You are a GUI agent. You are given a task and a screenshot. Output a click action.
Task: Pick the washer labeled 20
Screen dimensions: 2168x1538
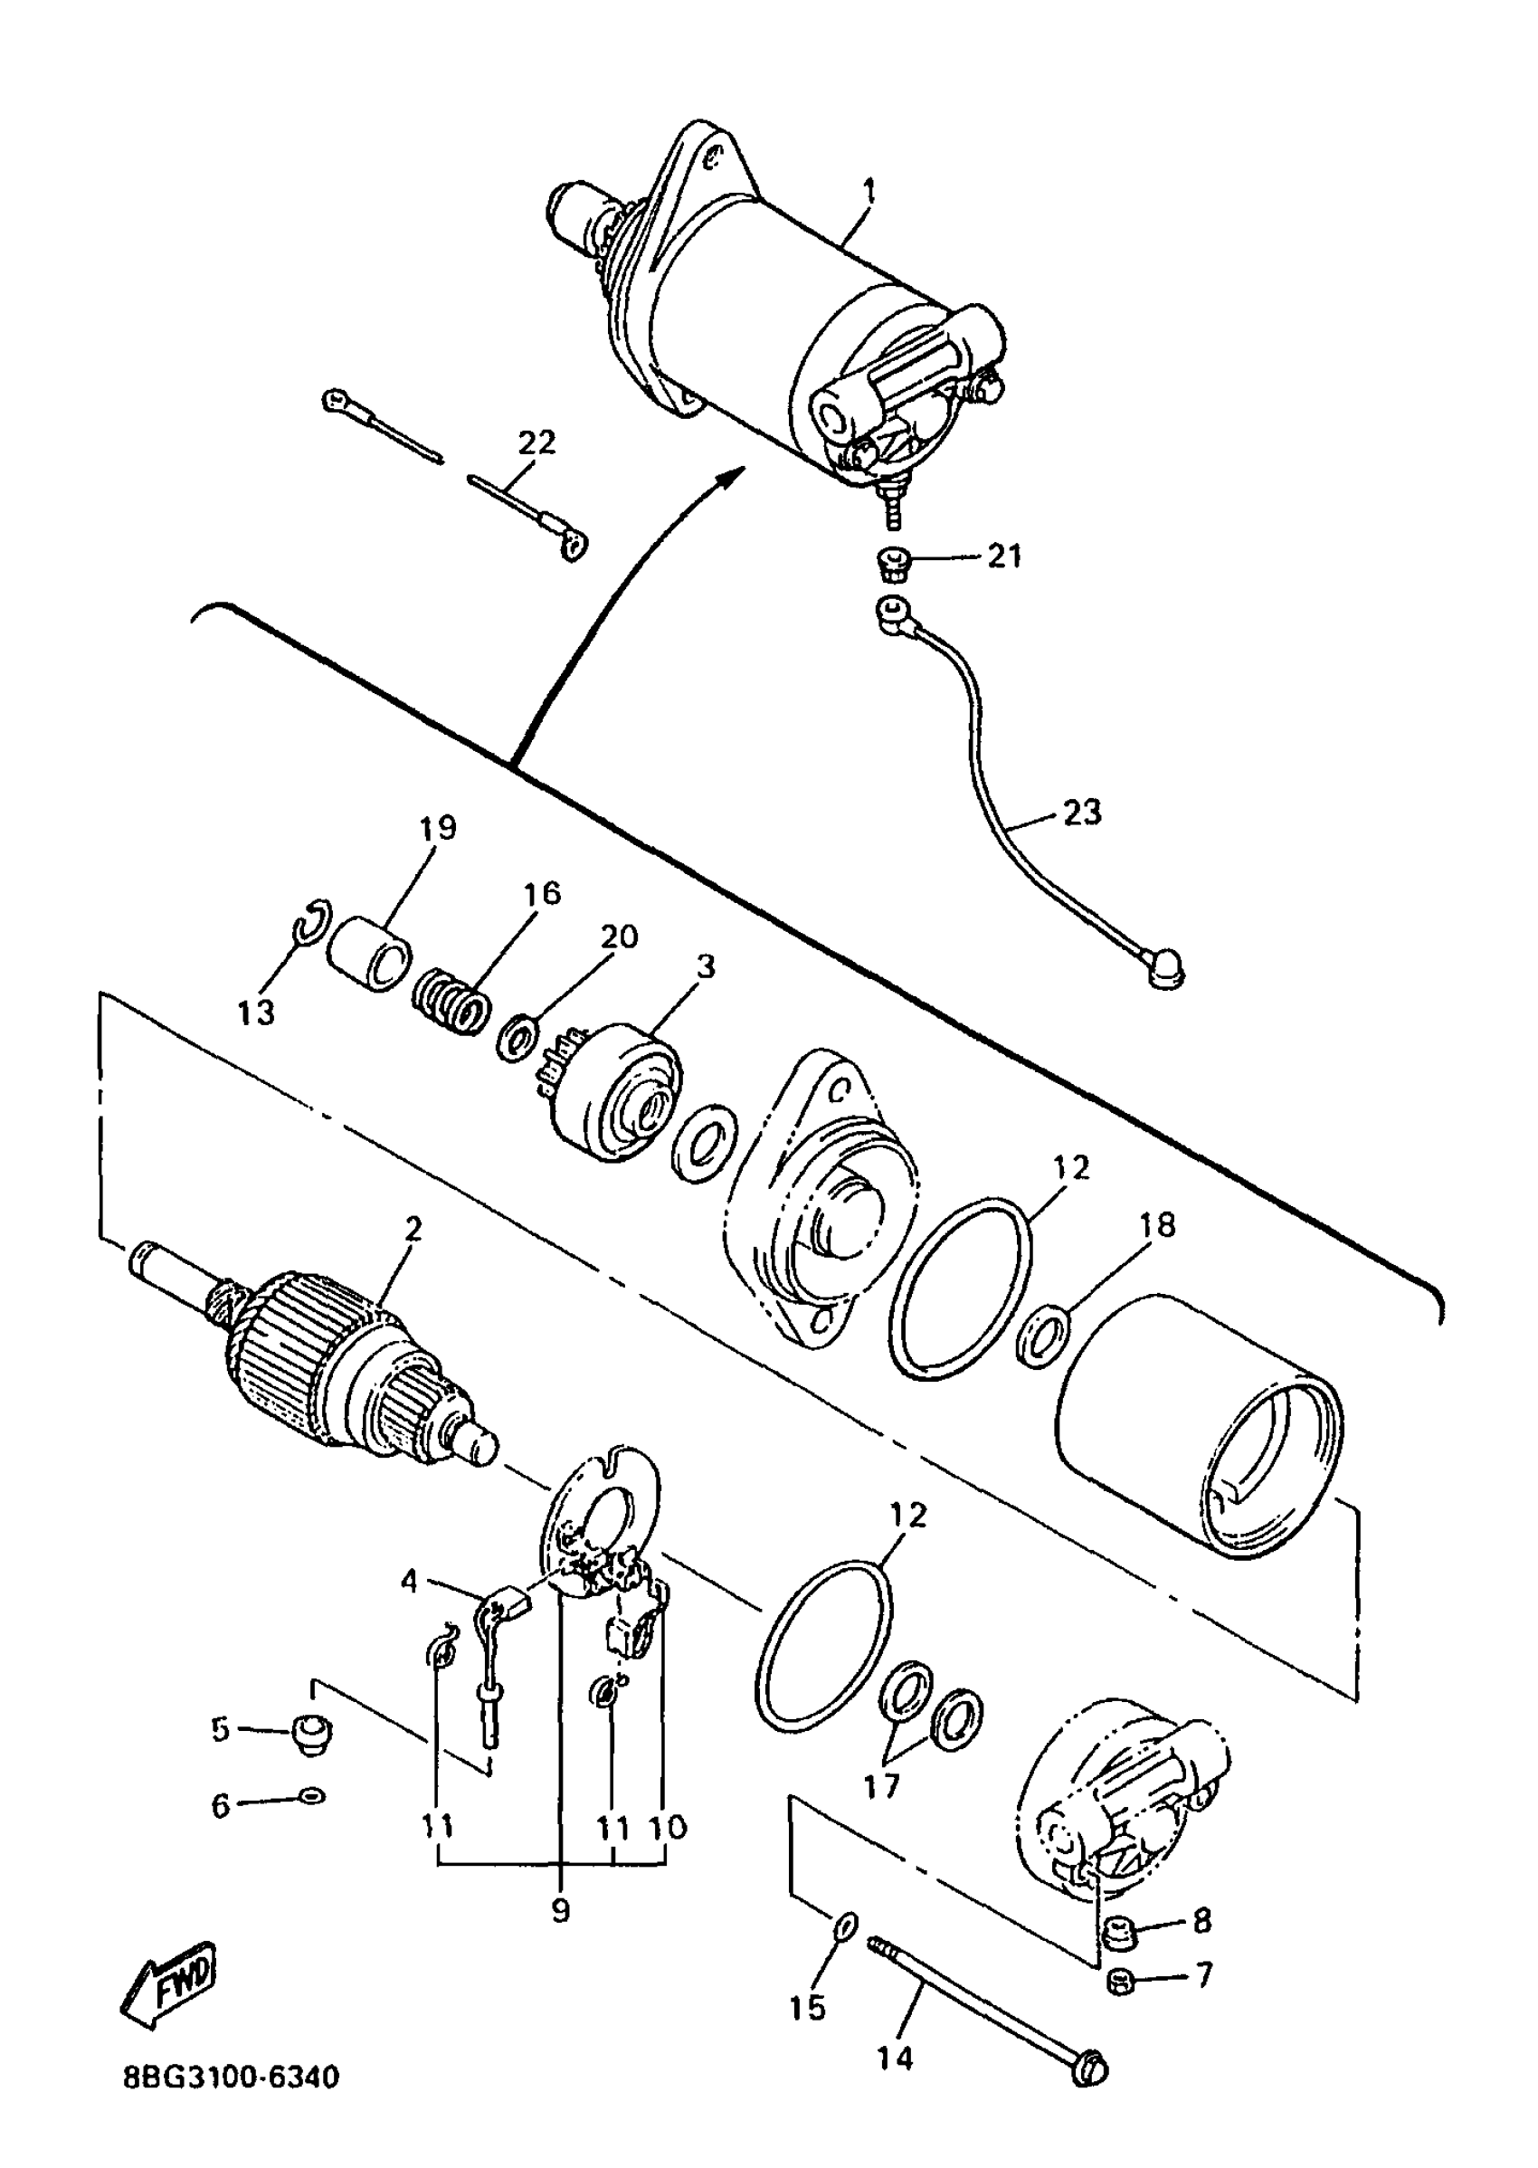(x=518, y=1036)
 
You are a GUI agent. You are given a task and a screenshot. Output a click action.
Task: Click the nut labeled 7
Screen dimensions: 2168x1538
(x=1121, y=1979)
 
